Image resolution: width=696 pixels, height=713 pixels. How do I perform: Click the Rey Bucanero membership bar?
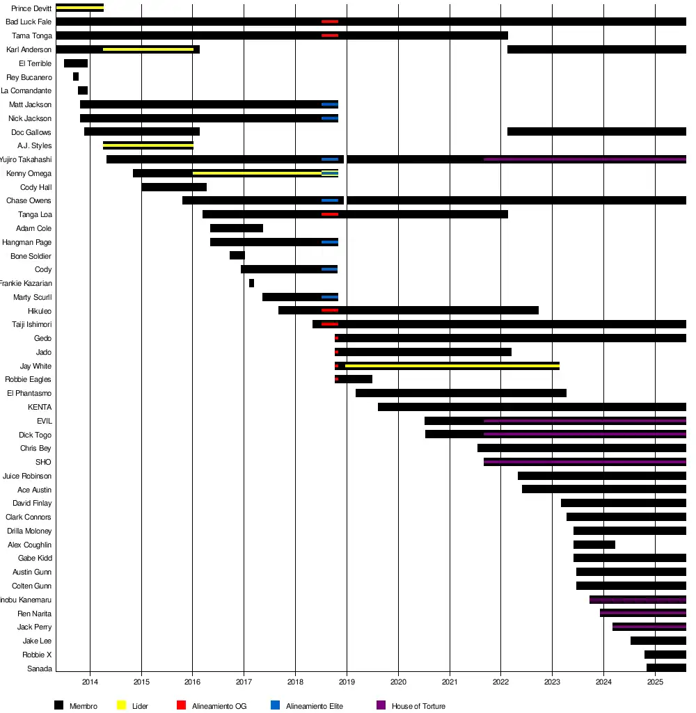click(76, 77)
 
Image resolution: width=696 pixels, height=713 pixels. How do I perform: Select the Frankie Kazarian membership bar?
click(251, 283)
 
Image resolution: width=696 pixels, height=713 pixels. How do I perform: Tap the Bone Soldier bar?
click(237, 255)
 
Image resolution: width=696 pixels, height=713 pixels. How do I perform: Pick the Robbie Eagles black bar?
click(355, 379)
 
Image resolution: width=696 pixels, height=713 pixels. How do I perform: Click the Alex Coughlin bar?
click(594, 545)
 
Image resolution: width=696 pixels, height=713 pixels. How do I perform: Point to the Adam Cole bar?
click(237, 228)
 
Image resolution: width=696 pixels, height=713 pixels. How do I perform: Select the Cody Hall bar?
click(174, 187)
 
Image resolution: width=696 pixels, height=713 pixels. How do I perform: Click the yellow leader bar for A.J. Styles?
click(148, 145)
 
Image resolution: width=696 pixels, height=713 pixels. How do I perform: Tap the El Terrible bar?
click(76, 63)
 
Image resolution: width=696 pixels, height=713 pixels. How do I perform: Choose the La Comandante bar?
click(83, 90)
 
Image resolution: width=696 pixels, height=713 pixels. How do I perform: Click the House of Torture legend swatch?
click(381, 705)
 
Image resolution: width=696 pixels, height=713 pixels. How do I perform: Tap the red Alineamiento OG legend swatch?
click(181, 705)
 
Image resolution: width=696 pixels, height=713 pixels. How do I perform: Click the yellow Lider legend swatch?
click(121, 705)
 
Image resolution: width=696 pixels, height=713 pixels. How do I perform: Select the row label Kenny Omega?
click(29, 173)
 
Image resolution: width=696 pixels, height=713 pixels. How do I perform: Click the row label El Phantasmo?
click(29, 393)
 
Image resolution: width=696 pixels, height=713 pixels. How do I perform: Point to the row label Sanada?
click(39, 668)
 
